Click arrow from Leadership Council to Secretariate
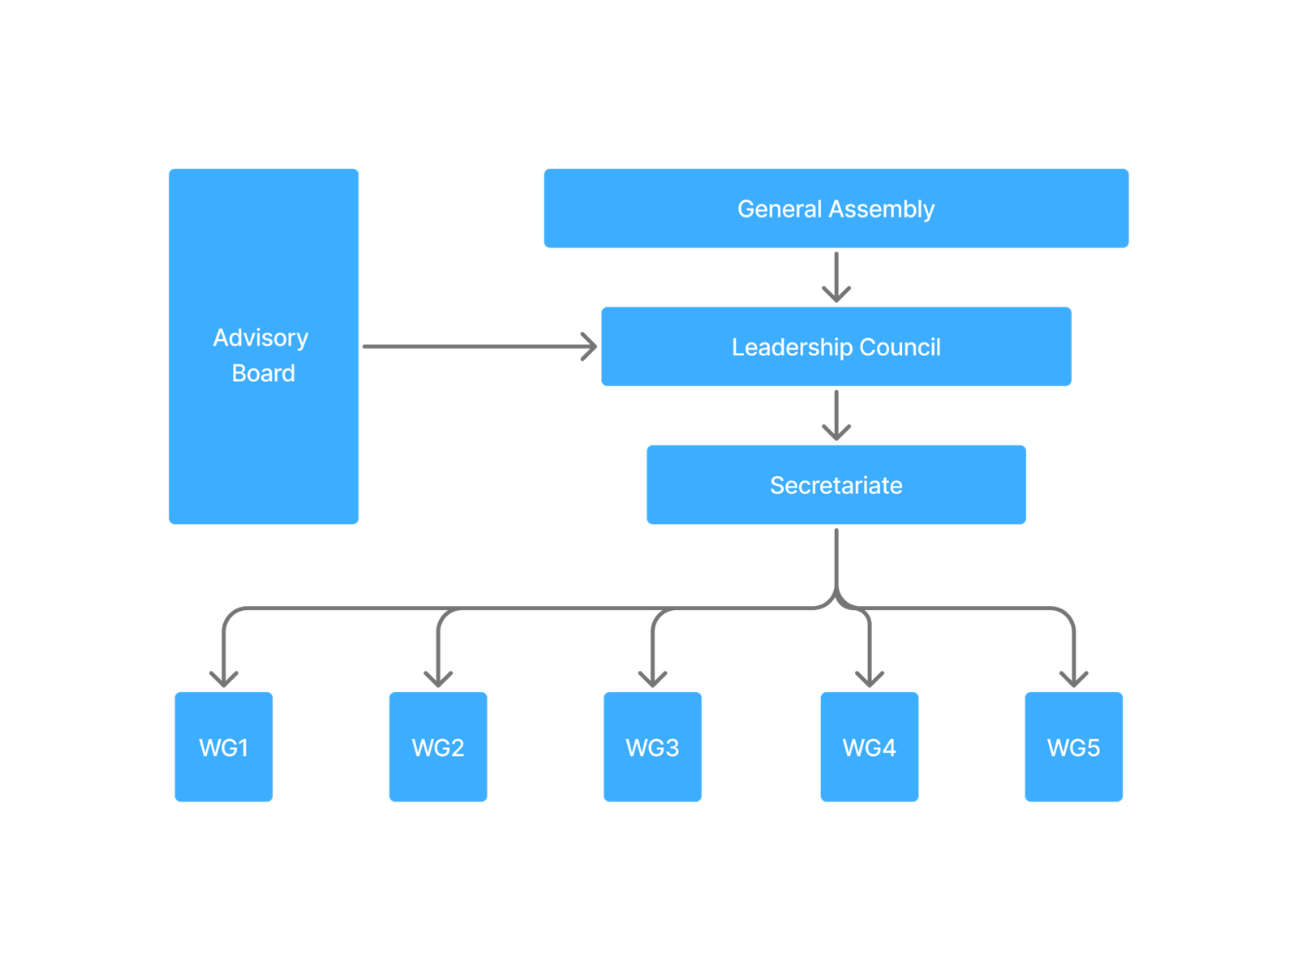pos(836,415)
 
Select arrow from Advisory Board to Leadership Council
pos(479,347)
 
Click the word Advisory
pos(260,337)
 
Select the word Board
pos(264,373)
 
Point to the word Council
pos(900,347)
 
